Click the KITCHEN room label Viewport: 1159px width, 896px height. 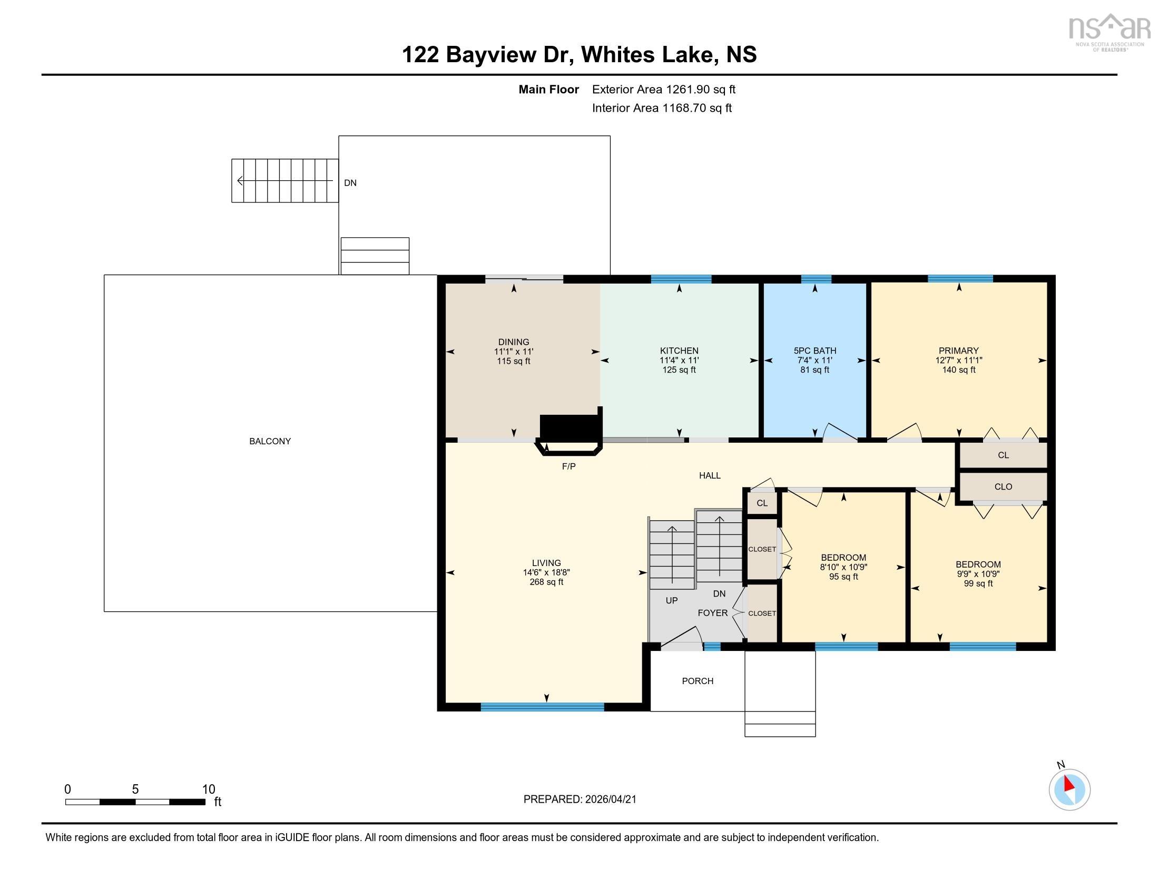(679, 350)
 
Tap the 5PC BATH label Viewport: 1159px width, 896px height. (814, 350)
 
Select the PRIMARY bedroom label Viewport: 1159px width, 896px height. (958, 350)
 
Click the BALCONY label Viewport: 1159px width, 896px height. (270, 441)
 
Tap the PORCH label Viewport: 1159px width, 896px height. (698, 681)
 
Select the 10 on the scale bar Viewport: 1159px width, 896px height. (209, 790)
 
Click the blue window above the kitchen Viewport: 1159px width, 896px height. (681, 279)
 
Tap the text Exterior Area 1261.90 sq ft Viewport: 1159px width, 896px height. (663, 89)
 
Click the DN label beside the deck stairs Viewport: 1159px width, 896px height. (350, 183)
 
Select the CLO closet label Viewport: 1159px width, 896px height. (1003, 487)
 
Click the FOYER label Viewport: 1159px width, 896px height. (712, 613)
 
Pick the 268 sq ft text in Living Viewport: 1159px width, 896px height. (546, 582)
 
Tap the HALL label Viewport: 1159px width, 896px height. (710, 475)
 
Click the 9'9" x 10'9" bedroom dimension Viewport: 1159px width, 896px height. (978, 574)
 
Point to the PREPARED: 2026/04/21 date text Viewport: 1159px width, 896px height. (579, 800)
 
